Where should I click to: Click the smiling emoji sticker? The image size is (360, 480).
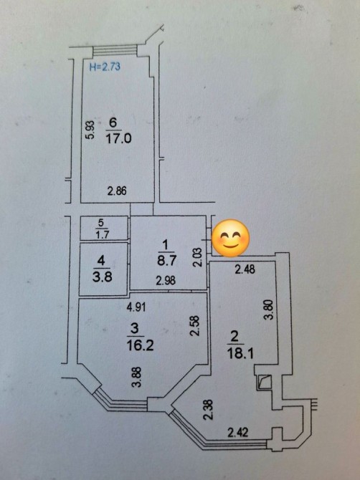[x=231, y=238]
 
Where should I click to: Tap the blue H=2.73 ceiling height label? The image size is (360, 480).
[x=105, y=67]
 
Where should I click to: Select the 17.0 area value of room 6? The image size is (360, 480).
[x=118, y=139]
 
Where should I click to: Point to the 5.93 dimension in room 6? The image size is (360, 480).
[x=90, y=130]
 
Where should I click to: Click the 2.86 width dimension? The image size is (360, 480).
[x=117, y=191]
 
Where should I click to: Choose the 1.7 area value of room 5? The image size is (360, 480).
[x=103, y=235]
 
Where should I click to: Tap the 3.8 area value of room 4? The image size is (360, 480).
[x=103, y=277]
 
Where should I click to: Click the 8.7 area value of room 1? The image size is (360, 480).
[x=166, y=261]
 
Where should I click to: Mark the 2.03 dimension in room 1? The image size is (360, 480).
[x=199, y=257]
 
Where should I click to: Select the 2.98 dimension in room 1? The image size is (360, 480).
[x=166, y=280]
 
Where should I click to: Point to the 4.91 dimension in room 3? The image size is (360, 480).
[x=136, y=307]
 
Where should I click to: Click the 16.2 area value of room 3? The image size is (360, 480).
[x=140, y=345]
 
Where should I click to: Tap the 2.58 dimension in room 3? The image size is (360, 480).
[x=195, y=326]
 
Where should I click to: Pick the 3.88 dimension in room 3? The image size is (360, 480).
[x=137, y=378]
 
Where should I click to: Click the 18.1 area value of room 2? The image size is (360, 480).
[x=240, y=354]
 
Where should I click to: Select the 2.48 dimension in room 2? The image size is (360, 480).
[x=245, y=269]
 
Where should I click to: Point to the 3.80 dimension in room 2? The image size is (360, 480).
[x=269, y=309]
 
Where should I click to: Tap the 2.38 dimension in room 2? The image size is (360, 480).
[x=209, y=410]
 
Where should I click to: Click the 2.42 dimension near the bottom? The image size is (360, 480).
[x=238, y=433]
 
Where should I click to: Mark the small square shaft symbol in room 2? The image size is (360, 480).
[x=264, y=382]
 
